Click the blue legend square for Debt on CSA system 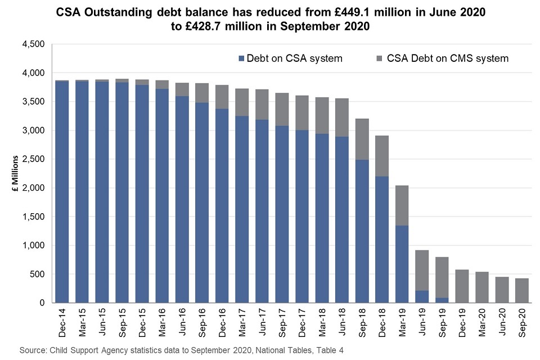click(242, 58)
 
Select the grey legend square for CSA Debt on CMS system click(379, 58)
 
